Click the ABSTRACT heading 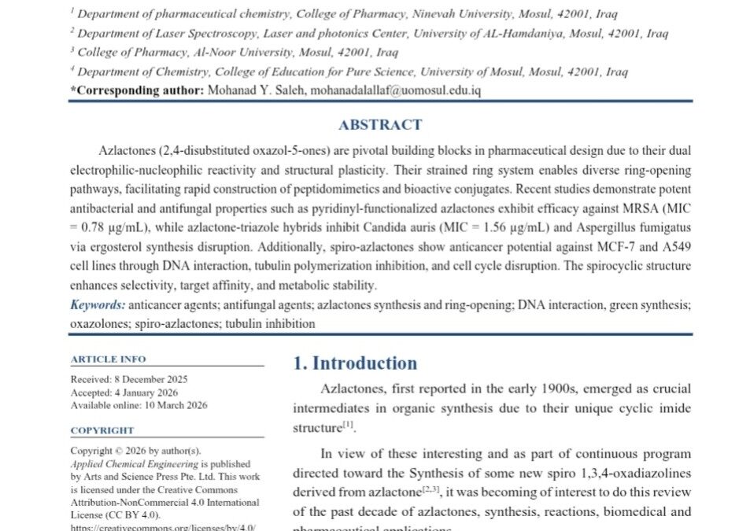[379, 124]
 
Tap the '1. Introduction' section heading [355, 363]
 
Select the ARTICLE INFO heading [108, 359]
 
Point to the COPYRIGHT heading [102, 430]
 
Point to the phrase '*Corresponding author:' [137, 90]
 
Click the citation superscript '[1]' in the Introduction [348, 426]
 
